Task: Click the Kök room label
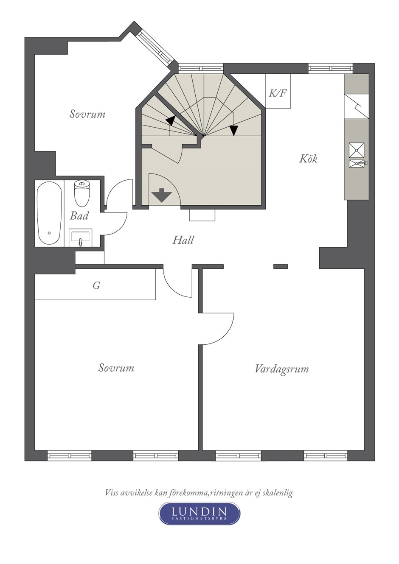click(x=308, y=159)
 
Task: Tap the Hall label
click(x=183, y=240)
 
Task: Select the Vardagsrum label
click(x=281, y=369)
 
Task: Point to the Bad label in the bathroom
click(x=79, y=216)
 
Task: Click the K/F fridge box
click(x=278, y=91)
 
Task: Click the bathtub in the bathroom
click(x=49, y=213)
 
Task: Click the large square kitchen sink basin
click(x=357, y=150)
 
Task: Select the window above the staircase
click(x=201, y=68)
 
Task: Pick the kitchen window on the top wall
click(x=331, y=68)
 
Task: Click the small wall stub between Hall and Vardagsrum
click(x=281, y=266)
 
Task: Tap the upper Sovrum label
click(x=87, y=114)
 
